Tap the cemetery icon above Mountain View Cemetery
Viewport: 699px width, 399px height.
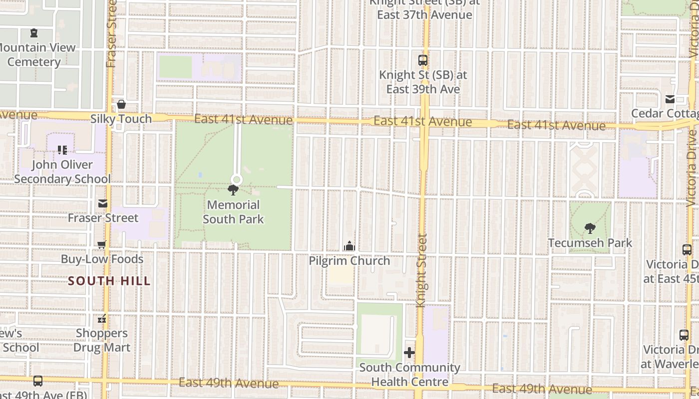click(34, 33)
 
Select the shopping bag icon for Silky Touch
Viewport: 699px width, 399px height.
click(121, 105)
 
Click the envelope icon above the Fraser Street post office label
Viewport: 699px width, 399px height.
click(103, 203)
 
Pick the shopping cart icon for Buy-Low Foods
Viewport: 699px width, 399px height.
click(102, 245)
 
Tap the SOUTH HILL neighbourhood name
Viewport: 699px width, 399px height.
click(109, 281)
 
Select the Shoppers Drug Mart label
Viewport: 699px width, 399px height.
click(102, 340)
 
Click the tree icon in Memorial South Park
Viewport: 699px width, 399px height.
click(233, 190)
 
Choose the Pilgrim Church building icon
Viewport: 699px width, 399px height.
click(349, 246)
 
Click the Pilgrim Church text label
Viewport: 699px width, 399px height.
click(349, 261)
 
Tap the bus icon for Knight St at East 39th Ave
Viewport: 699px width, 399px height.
click(423, 60)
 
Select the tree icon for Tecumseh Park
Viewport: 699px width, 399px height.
click(590, 228)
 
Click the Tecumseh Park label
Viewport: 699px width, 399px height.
click(590, 243)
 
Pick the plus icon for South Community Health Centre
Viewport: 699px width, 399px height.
click(409, 353)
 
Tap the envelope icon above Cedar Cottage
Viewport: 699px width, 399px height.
click(670, 99)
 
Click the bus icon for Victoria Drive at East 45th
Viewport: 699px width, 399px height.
click(687, 250)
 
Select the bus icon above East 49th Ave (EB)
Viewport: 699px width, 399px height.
click(38, 382)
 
